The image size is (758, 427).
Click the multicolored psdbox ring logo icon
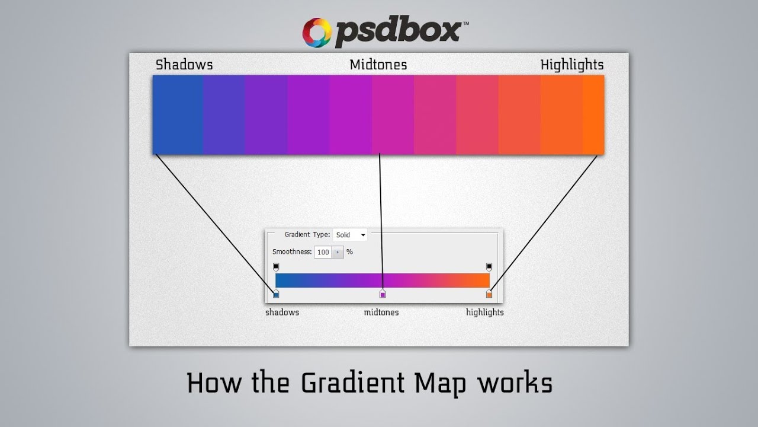pyautogui.click(x=317, y=32)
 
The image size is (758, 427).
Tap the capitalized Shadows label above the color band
pyautogui.click(x=184, y=65)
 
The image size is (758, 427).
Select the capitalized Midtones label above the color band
pyautogui.click(x=378, y=65)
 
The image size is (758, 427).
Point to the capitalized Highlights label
pyautogui.click(x=571, y=65)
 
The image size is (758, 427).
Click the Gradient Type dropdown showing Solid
pyautogui.click(x=350, y=235)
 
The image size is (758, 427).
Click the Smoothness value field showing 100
pyautogui.click(x=323, y=252)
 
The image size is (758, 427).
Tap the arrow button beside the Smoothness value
pyautogui.click(x=338, y=252)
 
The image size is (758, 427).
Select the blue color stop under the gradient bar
pyautogui.click(x=275, y=294)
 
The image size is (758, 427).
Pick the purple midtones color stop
pyautogui.click(x=383, y=294)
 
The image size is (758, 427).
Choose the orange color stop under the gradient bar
pyautogui.click(x=489, y=294)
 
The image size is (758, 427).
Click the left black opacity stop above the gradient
pyautogui.click(x=275, y=267)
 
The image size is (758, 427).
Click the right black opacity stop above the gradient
pyautogui.click(x=489, y=267)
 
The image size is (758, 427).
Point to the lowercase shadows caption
pyautogui.click(x=282, y=313)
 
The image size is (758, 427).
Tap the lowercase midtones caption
pyautogui.click(x=381, y=313)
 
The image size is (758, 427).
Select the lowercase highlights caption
pyautogui.click(x=485, y=313)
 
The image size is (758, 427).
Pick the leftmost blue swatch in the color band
pyautogui.click(x=178, y=114)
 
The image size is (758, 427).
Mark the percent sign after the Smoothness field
pyautogui.click(x=349, y=252)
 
